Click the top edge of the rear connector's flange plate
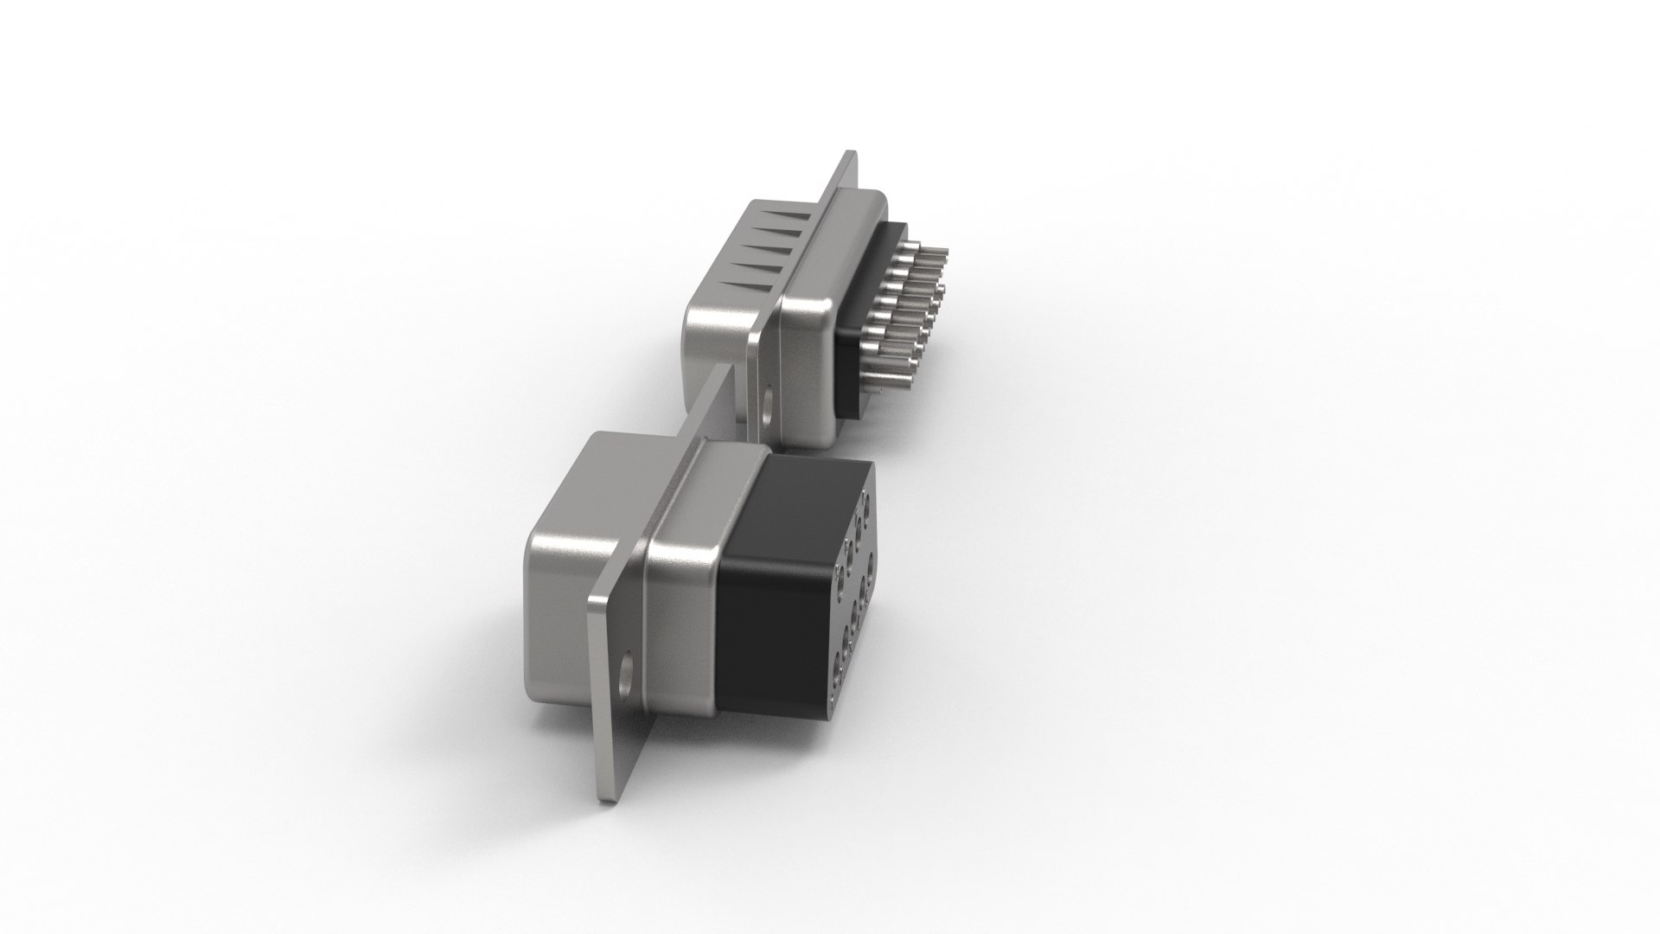tap(847, 157)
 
